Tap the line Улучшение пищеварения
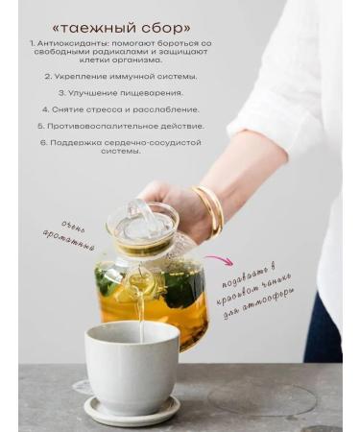point(121,93)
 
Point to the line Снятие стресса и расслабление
point(121,109)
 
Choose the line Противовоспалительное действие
point(121,126)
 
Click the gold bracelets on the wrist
point(210,210)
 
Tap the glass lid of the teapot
point(142,224)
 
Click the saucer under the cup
point(132,408)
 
